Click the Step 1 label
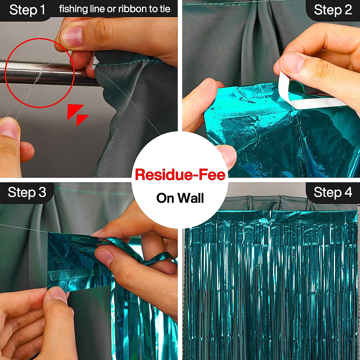tap(27, 10)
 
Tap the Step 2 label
tap(333, 10)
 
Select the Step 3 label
tap(27, 192)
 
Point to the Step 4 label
tap(333, 192)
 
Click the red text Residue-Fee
tap(180, 175)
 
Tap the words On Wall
tap(180, 198)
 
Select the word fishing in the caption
tap(71, 9)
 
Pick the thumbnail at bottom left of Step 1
tap(9, 129)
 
